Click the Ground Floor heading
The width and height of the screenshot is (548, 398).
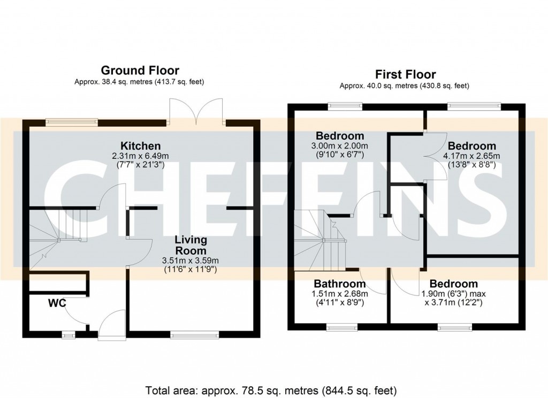coord(140,70)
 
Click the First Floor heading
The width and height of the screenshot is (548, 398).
coord(405,74)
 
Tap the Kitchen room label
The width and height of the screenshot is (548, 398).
coord(140,146)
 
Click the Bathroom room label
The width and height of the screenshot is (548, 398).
coord(340,284)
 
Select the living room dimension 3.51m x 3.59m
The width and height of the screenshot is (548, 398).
coord(191,261)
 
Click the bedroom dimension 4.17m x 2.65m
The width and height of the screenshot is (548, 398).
coord(471,156)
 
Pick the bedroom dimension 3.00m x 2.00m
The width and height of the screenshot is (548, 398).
coord(340,146)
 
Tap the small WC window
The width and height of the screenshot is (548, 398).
coord(68,335)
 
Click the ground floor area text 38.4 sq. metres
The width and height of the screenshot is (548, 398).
coord(140,82)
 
